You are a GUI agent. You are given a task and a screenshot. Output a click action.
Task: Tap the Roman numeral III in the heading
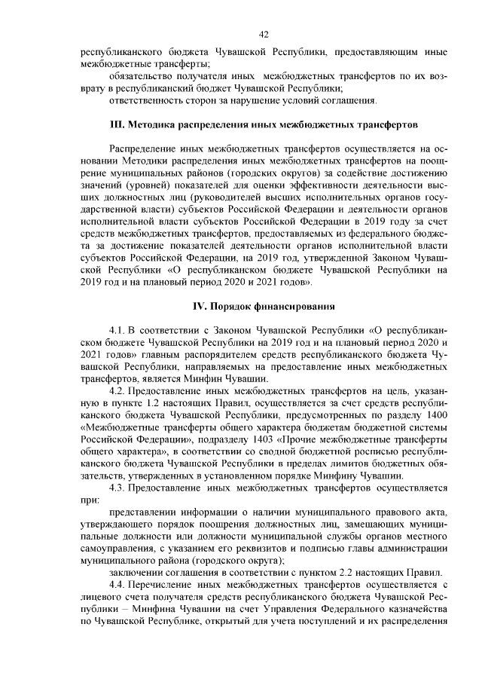coord(117,123)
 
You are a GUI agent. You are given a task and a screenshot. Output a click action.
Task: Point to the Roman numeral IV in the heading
coord(200,305)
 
